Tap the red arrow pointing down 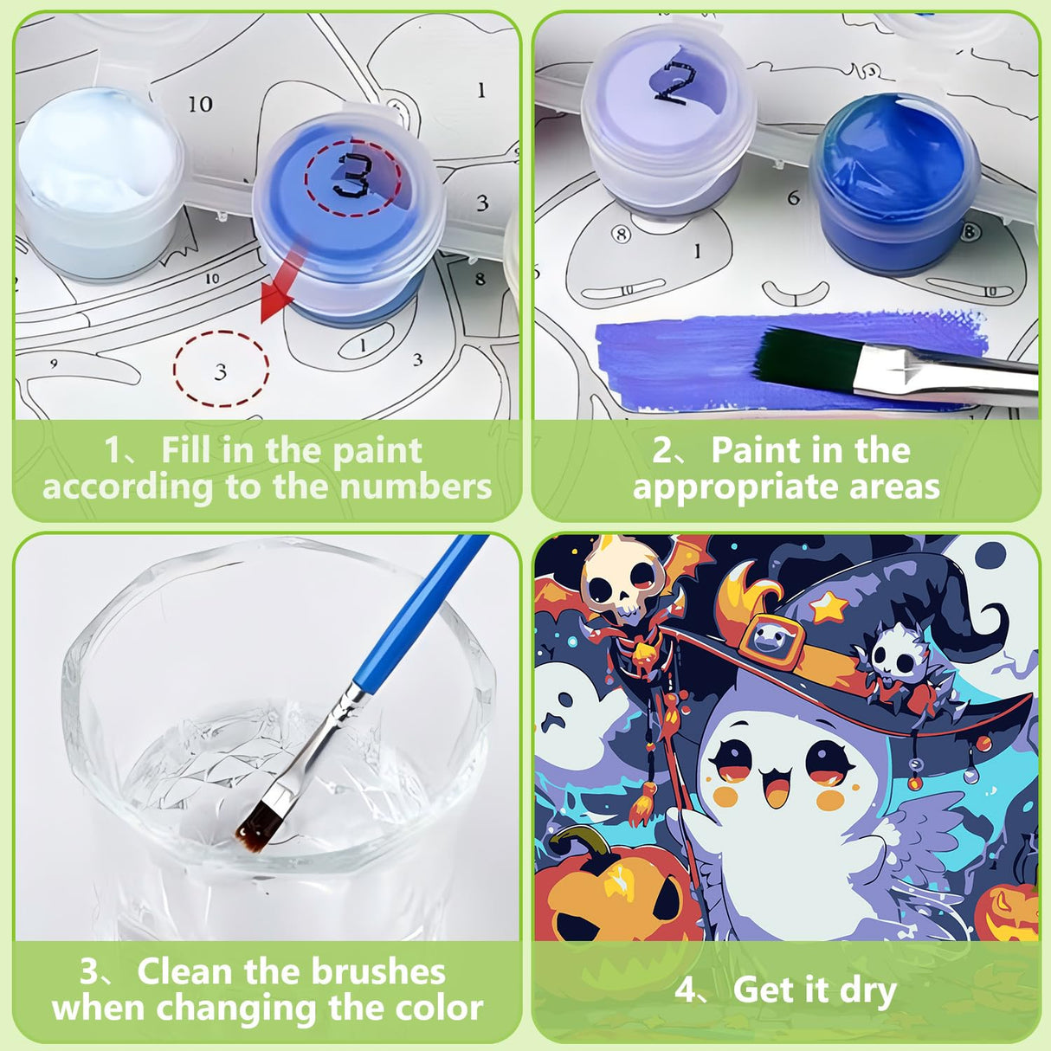(x=279, y=291)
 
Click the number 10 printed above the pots (x=200, y=104)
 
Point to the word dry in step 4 (x=866, y=990)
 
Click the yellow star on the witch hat (x=830, y=607)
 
